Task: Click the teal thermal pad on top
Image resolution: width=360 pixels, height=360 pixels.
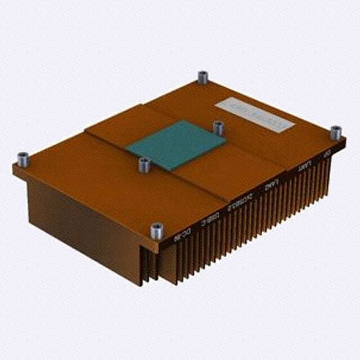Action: tap(175, 143)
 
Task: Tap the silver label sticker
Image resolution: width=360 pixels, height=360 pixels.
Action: tap(254, 114)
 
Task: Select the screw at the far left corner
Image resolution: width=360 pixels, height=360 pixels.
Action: tap(23, 160)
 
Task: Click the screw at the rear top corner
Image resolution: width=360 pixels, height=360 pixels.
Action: tap(202, 77)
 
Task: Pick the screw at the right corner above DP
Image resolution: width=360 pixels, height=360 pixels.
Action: tap(335, 133)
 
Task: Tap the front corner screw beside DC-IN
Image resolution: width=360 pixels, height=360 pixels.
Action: tap(157, 230)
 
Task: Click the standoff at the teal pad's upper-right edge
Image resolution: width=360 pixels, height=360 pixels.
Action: tap(218, 128)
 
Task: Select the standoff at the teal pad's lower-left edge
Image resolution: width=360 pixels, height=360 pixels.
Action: tap(144, 165)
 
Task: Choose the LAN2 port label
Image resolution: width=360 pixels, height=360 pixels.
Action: tap(272, 184)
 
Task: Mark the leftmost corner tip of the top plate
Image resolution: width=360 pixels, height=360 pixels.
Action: tap(13, 167)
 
